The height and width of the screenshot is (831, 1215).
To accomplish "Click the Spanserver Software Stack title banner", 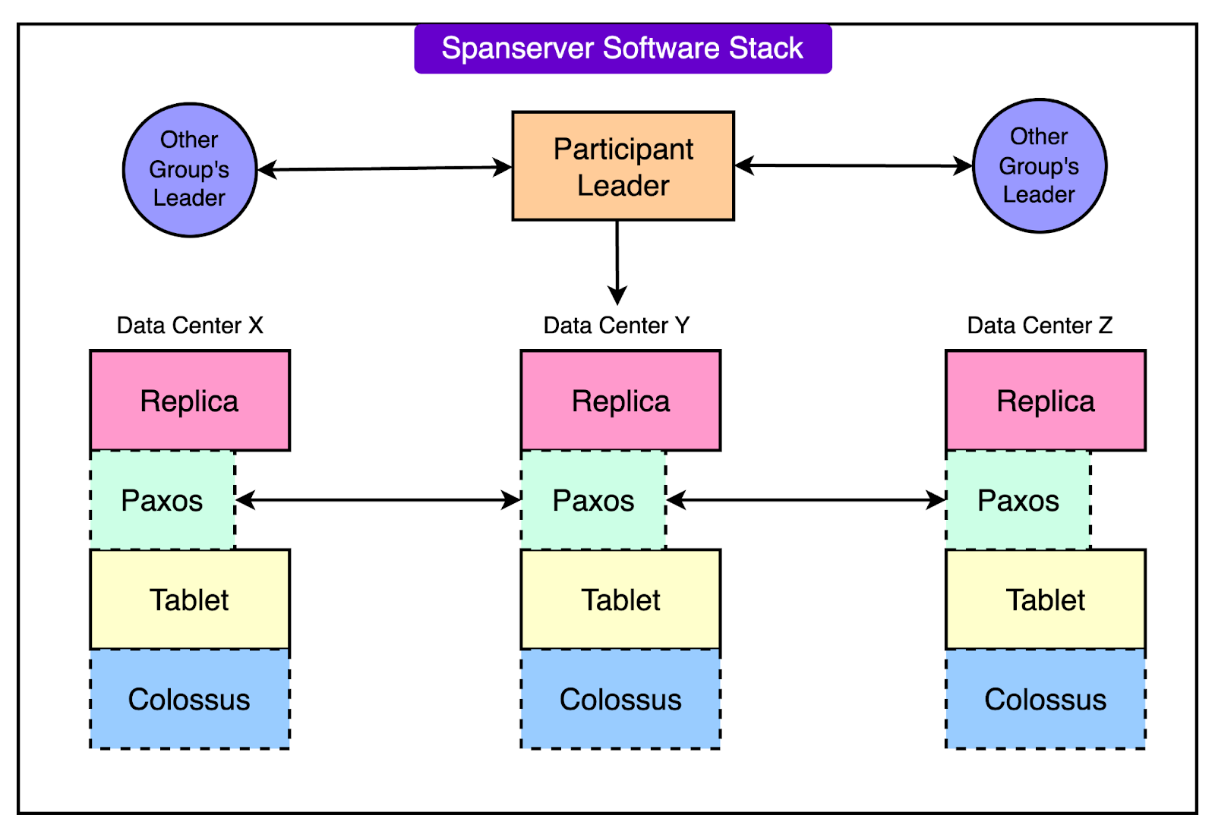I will pyautogui.click(x=623, y=49).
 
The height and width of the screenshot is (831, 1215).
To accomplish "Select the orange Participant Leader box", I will pyautogui.click(x=623, y=166).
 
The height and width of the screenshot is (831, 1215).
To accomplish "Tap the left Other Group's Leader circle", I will pyautogui.click(x=189, y=169).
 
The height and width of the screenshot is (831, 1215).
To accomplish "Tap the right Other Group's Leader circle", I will pyautogui.click(x=1039, y=165).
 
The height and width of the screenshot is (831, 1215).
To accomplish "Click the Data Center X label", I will pyautogui.click(x=190, y=326).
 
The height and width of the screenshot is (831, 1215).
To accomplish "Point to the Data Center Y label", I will pyautogui.click(x=616, y=326).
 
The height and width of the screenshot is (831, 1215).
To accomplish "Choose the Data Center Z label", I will pyautogui.click(x=1039, y=326).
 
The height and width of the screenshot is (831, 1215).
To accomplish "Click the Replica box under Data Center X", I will pyautogui.click(x=190, y=401).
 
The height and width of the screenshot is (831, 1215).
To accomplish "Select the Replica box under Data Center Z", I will pyautogui.click(x=1045, y=401).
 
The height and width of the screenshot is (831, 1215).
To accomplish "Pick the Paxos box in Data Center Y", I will pyautogui.click(x=593, y=500).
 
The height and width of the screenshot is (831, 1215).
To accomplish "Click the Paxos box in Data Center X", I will pyautogui.click(x=163, y=500).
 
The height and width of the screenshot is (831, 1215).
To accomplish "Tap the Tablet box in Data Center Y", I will pyautogui.click(x=620, y=600).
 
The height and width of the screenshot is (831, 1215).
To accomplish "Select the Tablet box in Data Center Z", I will pyautogui.click(x=1045, y=600).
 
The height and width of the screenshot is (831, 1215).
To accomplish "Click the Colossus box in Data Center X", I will pyautogui.click(x=190, y=699).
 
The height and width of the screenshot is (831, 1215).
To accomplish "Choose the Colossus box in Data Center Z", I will pyautogui.click(x=1045, y=699).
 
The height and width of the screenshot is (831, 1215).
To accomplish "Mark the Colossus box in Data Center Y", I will pyautogui.click(x=620, y=699).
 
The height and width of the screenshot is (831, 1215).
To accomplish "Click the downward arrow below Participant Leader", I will pyautogui.click(x=617, y=262).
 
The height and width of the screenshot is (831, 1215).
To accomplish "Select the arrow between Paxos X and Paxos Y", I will pyautogui.click(x=378, y=500).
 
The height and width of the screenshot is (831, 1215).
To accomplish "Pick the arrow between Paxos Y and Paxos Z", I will pyautogui.click(x=806, y=500).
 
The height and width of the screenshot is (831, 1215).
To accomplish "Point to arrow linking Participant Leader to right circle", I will pyautogui.click(x=853, y=165).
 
